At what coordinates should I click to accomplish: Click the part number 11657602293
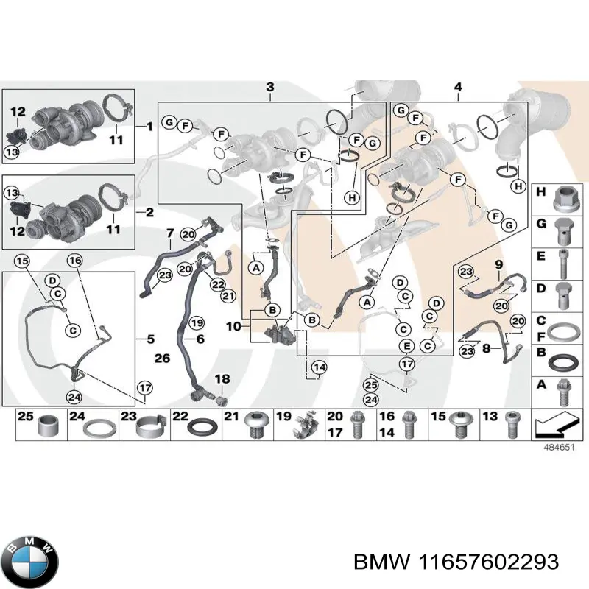(x=488, y=562)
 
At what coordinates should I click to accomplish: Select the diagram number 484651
(x=559, y=448)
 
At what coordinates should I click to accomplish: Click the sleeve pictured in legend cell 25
(x=49, y=426)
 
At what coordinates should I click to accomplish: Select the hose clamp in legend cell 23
(x=150, y=426)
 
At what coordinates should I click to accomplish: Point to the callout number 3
(x=270, y=87)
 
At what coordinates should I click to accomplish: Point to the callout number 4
(x=457, y=87)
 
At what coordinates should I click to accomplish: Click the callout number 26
(x=162, y=358)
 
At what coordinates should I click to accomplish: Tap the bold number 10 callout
(x=233, y=326)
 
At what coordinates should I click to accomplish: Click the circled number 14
(x=320, y=367)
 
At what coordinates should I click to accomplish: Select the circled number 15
(x=22, y=261)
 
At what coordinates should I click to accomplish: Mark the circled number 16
(x=75, y=261)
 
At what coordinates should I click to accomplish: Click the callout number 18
(x=222, y=379)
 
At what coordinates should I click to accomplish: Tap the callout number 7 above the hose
(x=170, y=233)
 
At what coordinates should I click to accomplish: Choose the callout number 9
(x=498, y=264)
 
